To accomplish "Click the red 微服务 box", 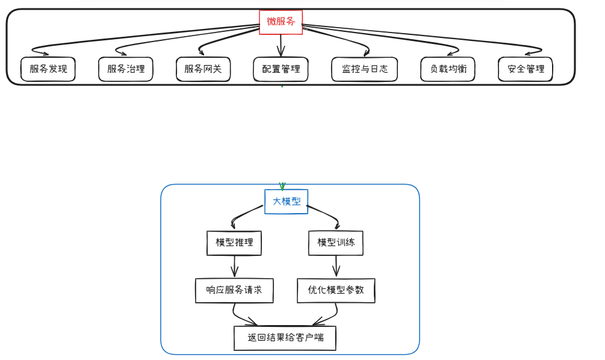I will coord(281,22).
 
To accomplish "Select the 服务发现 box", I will coord(48,69).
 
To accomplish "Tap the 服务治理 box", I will coord(126,69).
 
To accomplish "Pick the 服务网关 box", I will coord(203,69).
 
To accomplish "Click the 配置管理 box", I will coord(281,69).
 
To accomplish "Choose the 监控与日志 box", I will coord(364,69).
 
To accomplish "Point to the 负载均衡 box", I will coord(448,69).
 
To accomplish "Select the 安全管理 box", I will coord(526,69).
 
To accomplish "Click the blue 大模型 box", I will coord(287,202).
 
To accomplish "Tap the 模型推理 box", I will coord(234,243).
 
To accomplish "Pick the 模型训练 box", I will coord(336,243).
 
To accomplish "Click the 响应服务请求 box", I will coord(234,290).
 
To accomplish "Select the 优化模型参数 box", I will coord(336,290).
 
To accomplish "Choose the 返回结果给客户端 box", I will coord(285,338).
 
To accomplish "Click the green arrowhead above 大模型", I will coord(282,187).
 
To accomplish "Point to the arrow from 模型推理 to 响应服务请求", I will coord(234,266).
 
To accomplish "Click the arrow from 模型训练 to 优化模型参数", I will coord(336,266).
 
